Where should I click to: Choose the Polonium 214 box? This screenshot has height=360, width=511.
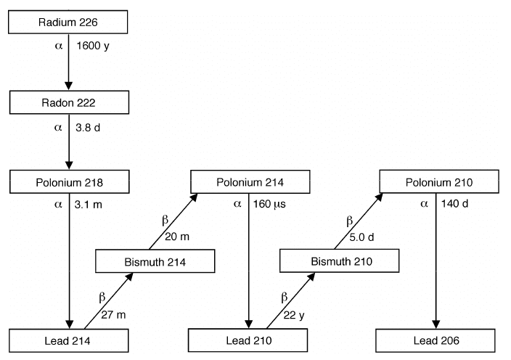(250, 181)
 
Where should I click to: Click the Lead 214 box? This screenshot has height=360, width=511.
(69, 340)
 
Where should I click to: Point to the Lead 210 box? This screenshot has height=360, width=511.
(249, 340)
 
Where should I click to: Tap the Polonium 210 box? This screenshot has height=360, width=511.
(438, 181)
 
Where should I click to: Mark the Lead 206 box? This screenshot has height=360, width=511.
(436, 340)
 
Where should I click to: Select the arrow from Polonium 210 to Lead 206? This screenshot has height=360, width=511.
(436, 261)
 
